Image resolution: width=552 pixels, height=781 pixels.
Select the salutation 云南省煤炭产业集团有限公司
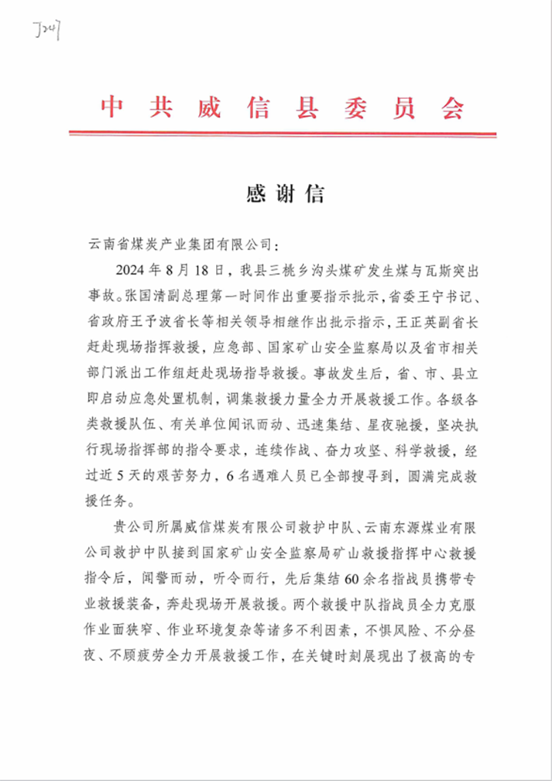180,244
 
